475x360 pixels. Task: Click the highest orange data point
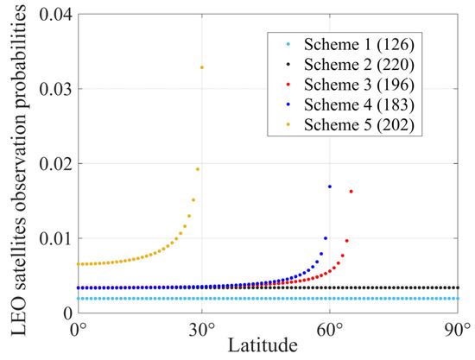(x=202, y=67)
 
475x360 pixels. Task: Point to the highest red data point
(x=351, y=191)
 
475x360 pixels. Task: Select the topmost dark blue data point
(x=329, y=186)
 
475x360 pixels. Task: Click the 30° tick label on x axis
(x=203, y=330)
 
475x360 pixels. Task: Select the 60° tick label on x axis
(x=331, y=330)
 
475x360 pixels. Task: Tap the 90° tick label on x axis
(x=457, y=330)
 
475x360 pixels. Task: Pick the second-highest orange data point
(x=198, y=169)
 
